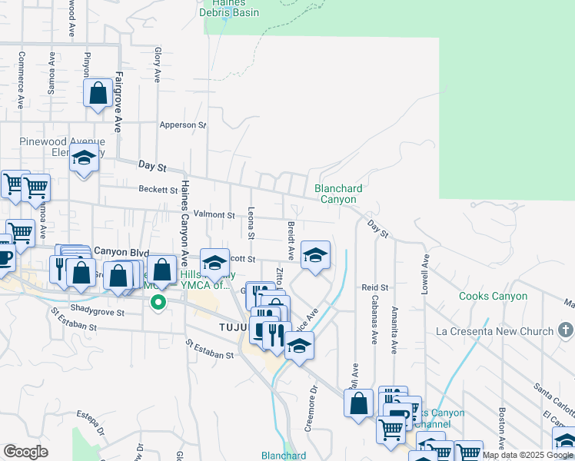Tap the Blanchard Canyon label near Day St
click(338, 194)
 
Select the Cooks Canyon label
click(493, 297)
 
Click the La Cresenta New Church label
click(494, 331)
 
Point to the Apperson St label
click(183, 124)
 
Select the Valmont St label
click(214, 215)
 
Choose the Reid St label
click(376, 287)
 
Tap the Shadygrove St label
click(102, 309)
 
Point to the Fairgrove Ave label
click(119, 102)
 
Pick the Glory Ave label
click(157, 65)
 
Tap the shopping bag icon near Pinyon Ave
click(98, 94)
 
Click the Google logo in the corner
click(25, 452)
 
